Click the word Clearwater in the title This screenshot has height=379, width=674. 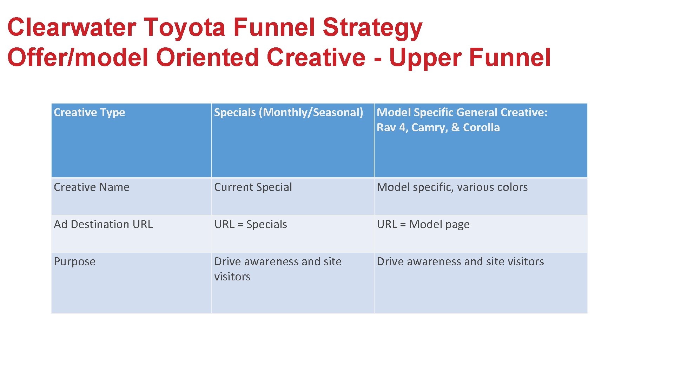pos(72,27)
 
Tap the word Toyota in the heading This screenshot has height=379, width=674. pos(184,27)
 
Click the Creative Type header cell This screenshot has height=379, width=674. pos(90,112)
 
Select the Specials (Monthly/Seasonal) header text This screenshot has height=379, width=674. pos(289,112)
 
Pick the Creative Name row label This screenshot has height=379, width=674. pos(92,187)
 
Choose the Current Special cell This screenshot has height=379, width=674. pos(253,187)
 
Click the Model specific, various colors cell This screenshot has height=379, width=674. pos(452,187)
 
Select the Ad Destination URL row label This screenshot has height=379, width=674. pos(103,224)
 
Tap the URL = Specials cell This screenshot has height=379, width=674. pos(251,224)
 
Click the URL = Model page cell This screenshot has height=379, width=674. pos(423,224)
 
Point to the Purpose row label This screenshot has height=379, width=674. pos(75,262)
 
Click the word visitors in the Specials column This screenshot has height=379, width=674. pos(232,277)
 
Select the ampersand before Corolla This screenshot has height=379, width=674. pos(455,127)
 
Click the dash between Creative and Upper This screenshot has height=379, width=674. pos(378,58)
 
